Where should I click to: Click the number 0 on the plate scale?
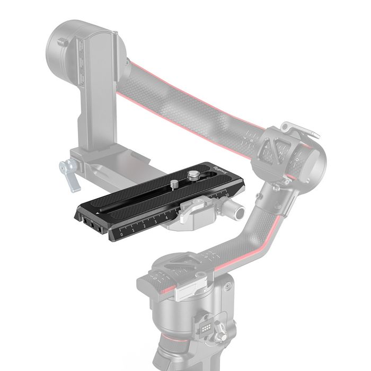coord(122,233)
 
